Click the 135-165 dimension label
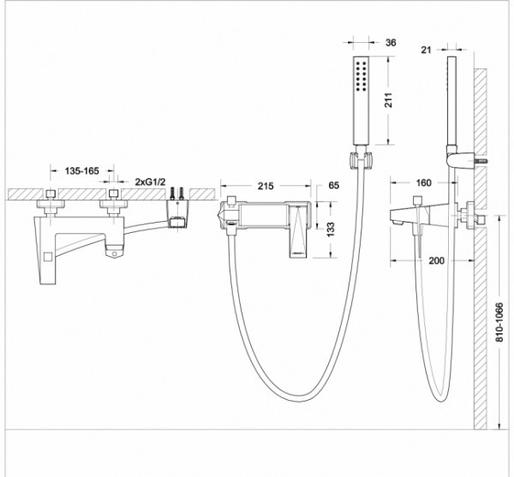click(x=81, y=170)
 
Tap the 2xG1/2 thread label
click(x=151, y=182)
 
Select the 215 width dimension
click(x=266, y=186)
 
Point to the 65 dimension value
click(x=333, y=186)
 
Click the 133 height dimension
click(x=331, y=230)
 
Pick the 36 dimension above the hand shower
click(x=391, y=43)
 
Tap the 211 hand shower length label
click(x=388, y=100)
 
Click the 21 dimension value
click(x=426, y=50)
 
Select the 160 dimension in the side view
click(x=423, y=182)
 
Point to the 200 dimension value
click(x=437, y=261)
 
